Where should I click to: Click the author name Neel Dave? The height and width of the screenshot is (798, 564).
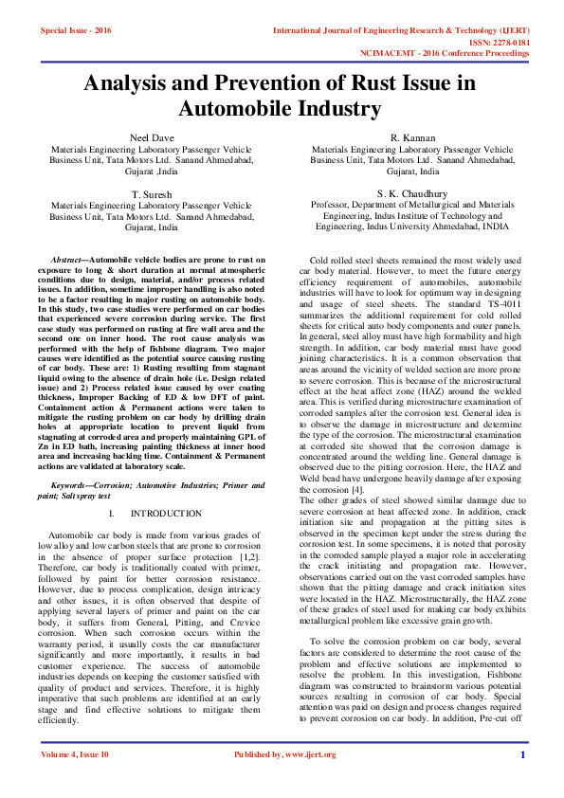pyautogui.click(x=151, y=137)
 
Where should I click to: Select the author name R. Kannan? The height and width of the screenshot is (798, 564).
pyautogui.click(x=412, y=137)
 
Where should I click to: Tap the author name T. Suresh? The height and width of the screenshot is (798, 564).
pyautogui.click(x=151, y=193)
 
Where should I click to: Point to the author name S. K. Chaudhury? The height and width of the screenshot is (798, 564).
pyautogui.click(x=412, y=193)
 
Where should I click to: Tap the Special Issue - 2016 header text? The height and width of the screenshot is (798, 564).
pyautogui.click(x=76, y=31)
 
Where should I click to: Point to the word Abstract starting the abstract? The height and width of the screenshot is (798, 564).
pyautogui.click(x=66, y=259)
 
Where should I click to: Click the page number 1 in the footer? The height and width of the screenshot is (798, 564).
pyautogui.click(x=522, y=781)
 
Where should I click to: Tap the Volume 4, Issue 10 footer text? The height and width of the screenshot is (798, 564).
pyautogui.click(x=75, y=781)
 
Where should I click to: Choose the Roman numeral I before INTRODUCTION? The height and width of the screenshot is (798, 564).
pyautogui.click(x=111, y=513)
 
